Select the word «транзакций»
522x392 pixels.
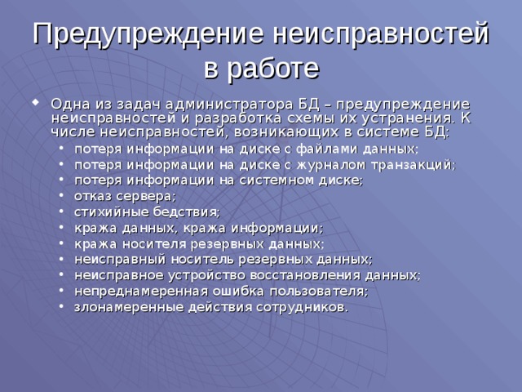[x=422, y=165]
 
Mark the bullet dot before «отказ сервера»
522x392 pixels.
[x=64, y=197]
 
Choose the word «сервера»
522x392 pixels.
[x=147, y=197]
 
